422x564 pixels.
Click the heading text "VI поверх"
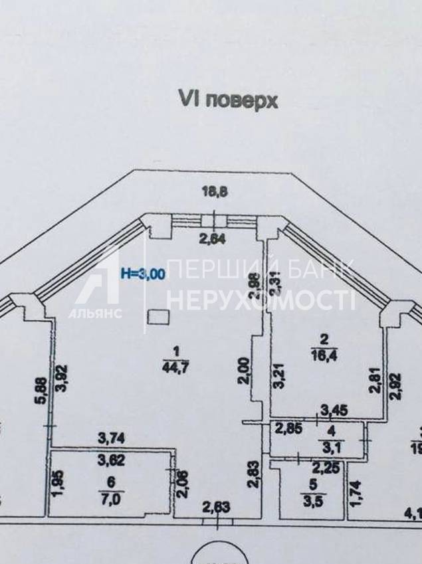227,99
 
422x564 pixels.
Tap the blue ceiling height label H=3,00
142,272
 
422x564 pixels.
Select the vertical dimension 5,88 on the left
40,393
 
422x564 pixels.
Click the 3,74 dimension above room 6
111,437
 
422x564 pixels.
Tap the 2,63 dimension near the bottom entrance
215,509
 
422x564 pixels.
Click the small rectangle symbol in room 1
158,318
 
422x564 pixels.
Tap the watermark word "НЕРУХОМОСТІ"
261,300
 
